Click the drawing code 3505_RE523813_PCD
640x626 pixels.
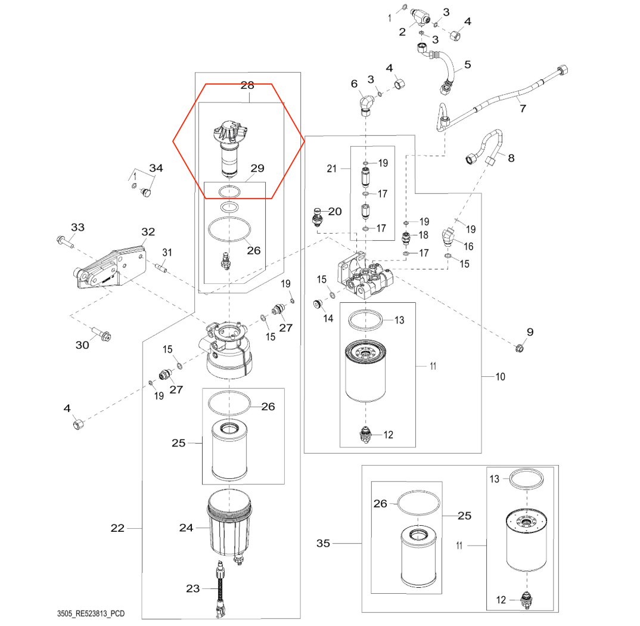(x=91, y=613)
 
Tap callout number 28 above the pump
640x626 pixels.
(x=247, y=85)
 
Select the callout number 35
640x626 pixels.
(x=323, y=543)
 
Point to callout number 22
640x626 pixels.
(x=117, y=528)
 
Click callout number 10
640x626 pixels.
(x=501, y=377)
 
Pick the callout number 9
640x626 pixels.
(x=530, y=332)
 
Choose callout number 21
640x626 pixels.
(x=331, y=168)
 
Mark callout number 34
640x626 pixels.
(x=156, y=168)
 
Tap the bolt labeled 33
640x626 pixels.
(x=65, y=241)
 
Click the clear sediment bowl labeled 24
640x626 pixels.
(x=229, y=525)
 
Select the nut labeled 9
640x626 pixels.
(x=520, y=348)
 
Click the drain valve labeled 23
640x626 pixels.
(x=220, y=589)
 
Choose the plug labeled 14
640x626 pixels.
(x=317, y=304)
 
